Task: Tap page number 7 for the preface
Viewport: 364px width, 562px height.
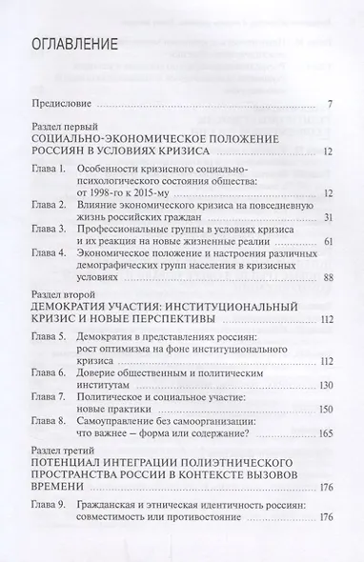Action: (327, 103)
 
